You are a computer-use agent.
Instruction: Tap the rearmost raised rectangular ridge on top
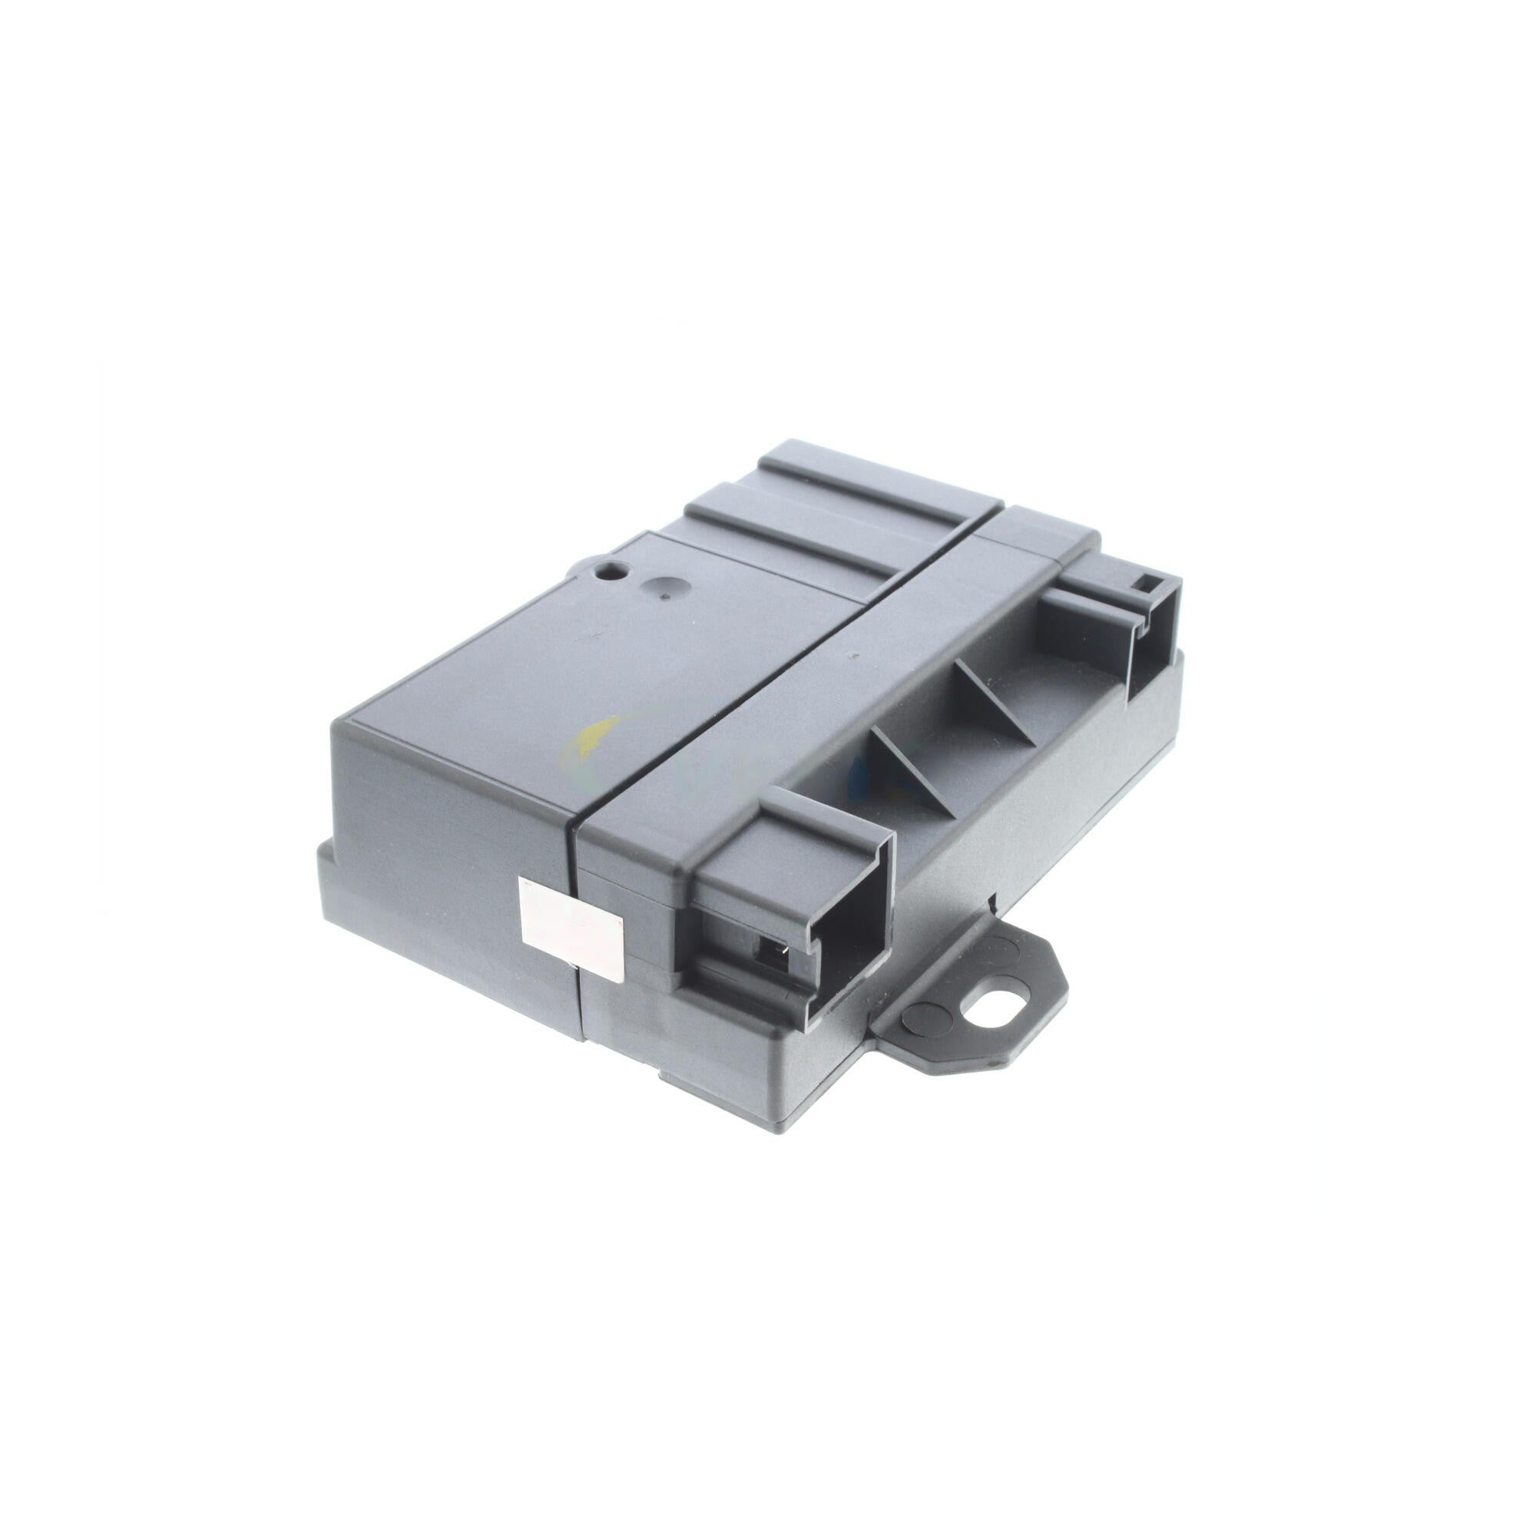tap(875, 477)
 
